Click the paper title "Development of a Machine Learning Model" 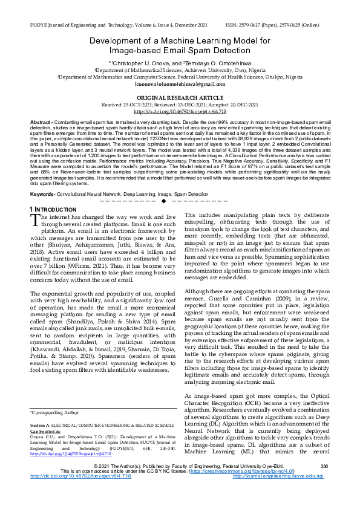coord(179,41)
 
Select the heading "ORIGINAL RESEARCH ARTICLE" coord(179,97)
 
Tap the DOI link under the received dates coord(179,112)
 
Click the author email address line coord(179,85)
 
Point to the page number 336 coord(324,482)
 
